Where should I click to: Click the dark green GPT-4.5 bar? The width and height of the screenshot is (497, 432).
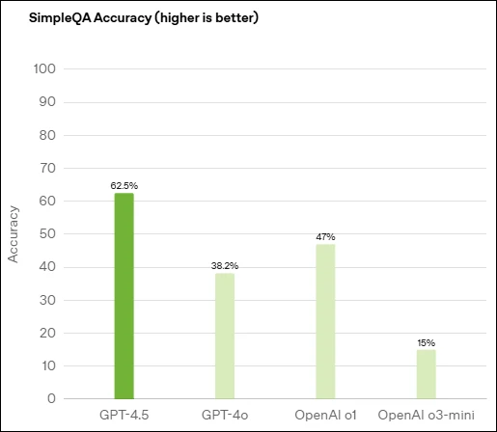point(124,295)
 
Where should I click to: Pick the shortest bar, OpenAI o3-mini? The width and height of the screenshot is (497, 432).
point(427,374)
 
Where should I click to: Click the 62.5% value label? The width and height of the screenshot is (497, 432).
point(124,184)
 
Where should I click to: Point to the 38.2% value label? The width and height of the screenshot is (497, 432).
point(225,264)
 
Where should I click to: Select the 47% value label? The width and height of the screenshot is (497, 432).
point(325,236)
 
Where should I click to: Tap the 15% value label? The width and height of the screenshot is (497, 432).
point(427,341)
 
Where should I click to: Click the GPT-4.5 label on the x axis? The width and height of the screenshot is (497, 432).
point(124,416)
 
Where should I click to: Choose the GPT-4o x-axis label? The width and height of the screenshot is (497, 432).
point(225,416)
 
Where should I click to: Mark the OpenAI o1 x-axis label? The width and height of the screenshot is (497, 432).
point(325,416)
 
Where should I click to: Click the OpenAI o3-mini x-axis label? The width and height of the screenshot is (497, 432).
point(427,416)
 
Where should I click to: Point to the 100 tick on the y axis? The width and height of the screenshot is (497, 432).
point(44,69)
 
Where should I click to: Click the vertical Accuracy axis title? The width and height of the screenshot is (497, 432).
point(14,233)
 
